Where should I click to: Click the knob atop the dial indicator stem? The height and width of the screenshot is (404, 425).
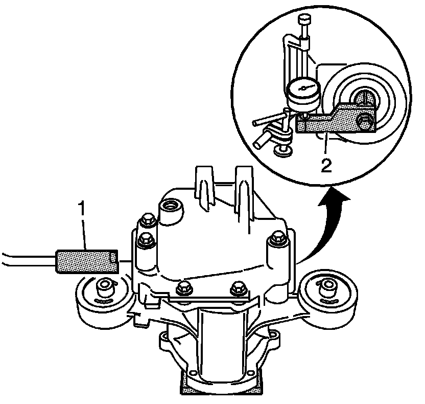pyautogui.click(x=304, y=20)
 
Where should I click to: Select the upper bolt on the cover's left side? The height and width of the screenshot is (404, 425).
pyautogui.click(x=146, y=220)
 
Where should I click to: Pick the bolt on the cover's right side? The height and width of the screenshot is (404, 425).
pyautogui.click(x=278, y=236)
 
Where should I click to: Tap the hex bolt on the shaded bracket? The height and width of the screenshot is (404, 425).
pyautogui.click(x=364, y=122)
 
